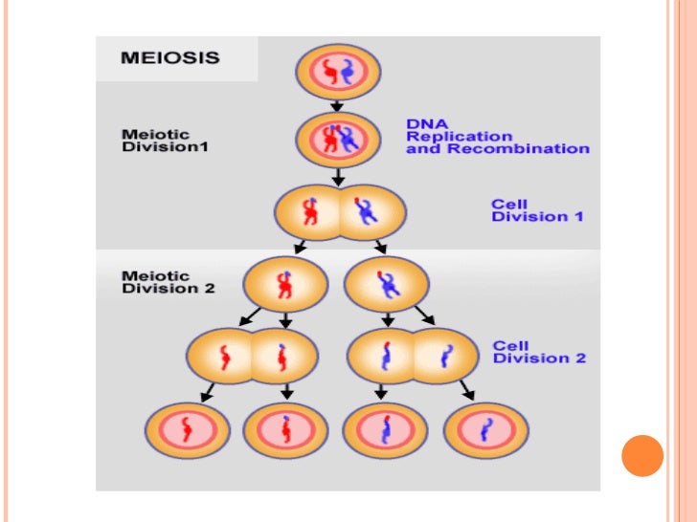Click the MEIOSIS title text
[x=169, y=57]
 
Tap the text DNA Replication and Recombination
[x=497, y=137]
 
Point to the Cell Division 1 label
[x=537, y=210]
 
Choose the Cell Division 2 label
[x=538, y=352]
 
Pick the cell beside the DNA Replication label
[x=338, y=140]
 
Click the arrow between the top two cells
[x=338, y=105]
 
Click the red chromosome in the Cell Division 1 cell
[x=308, y=211]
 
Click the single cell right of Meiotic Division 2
[x=285, y=283]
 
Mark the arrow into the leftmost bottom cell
[x=205, y=391]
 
